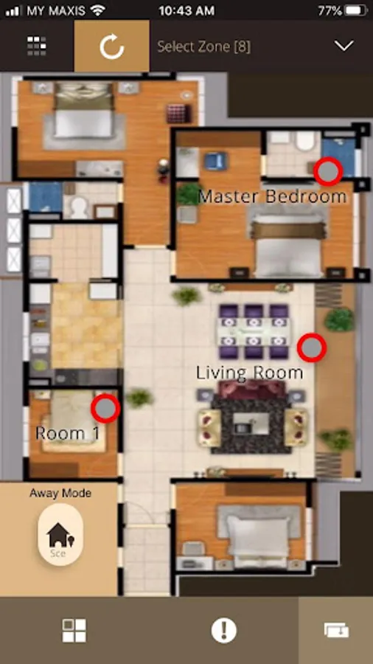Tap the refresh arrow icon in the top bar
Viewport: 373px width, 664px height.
click(111, 46)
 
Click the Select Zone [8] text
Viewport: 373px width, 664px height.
click(204, 46)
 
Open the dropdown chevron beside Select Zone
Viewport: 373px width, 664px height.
click(344, 46)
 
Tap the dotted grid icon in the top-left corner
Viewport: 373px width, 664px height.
click(37, 46)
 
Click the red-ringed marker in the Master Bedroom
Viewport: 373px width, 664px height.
click(328, 171)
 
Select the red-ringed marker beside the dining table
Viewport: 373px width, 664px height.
click(312, 347)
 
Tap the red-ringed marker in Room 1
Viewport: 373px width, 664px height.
click(105, 408)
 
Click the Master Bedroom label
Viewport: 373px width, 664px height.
click(272, 196)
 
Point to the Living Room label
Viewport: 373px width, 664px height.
click(249, 373)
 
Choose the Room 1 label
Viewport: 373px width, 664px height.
click(68, 433)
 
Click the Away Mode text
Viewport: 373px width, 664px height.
click(60, 494)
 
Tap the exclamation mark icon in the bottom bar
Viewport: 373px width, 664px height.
click(223, 630)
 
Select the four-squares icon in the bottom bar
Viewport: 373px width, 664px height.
click(74, 630)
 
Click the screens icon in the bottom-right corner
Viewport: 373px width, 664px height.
click(337, 630)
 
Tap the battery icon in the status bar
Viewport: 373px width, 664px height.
click(355, 10)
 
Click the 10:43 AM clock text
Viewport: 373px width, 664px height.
click(186, 10)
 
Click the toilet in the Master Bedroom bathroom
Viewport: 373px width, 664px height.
click(305, 141)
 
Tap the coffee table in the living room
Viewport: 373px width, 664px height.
click(251, 423)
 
